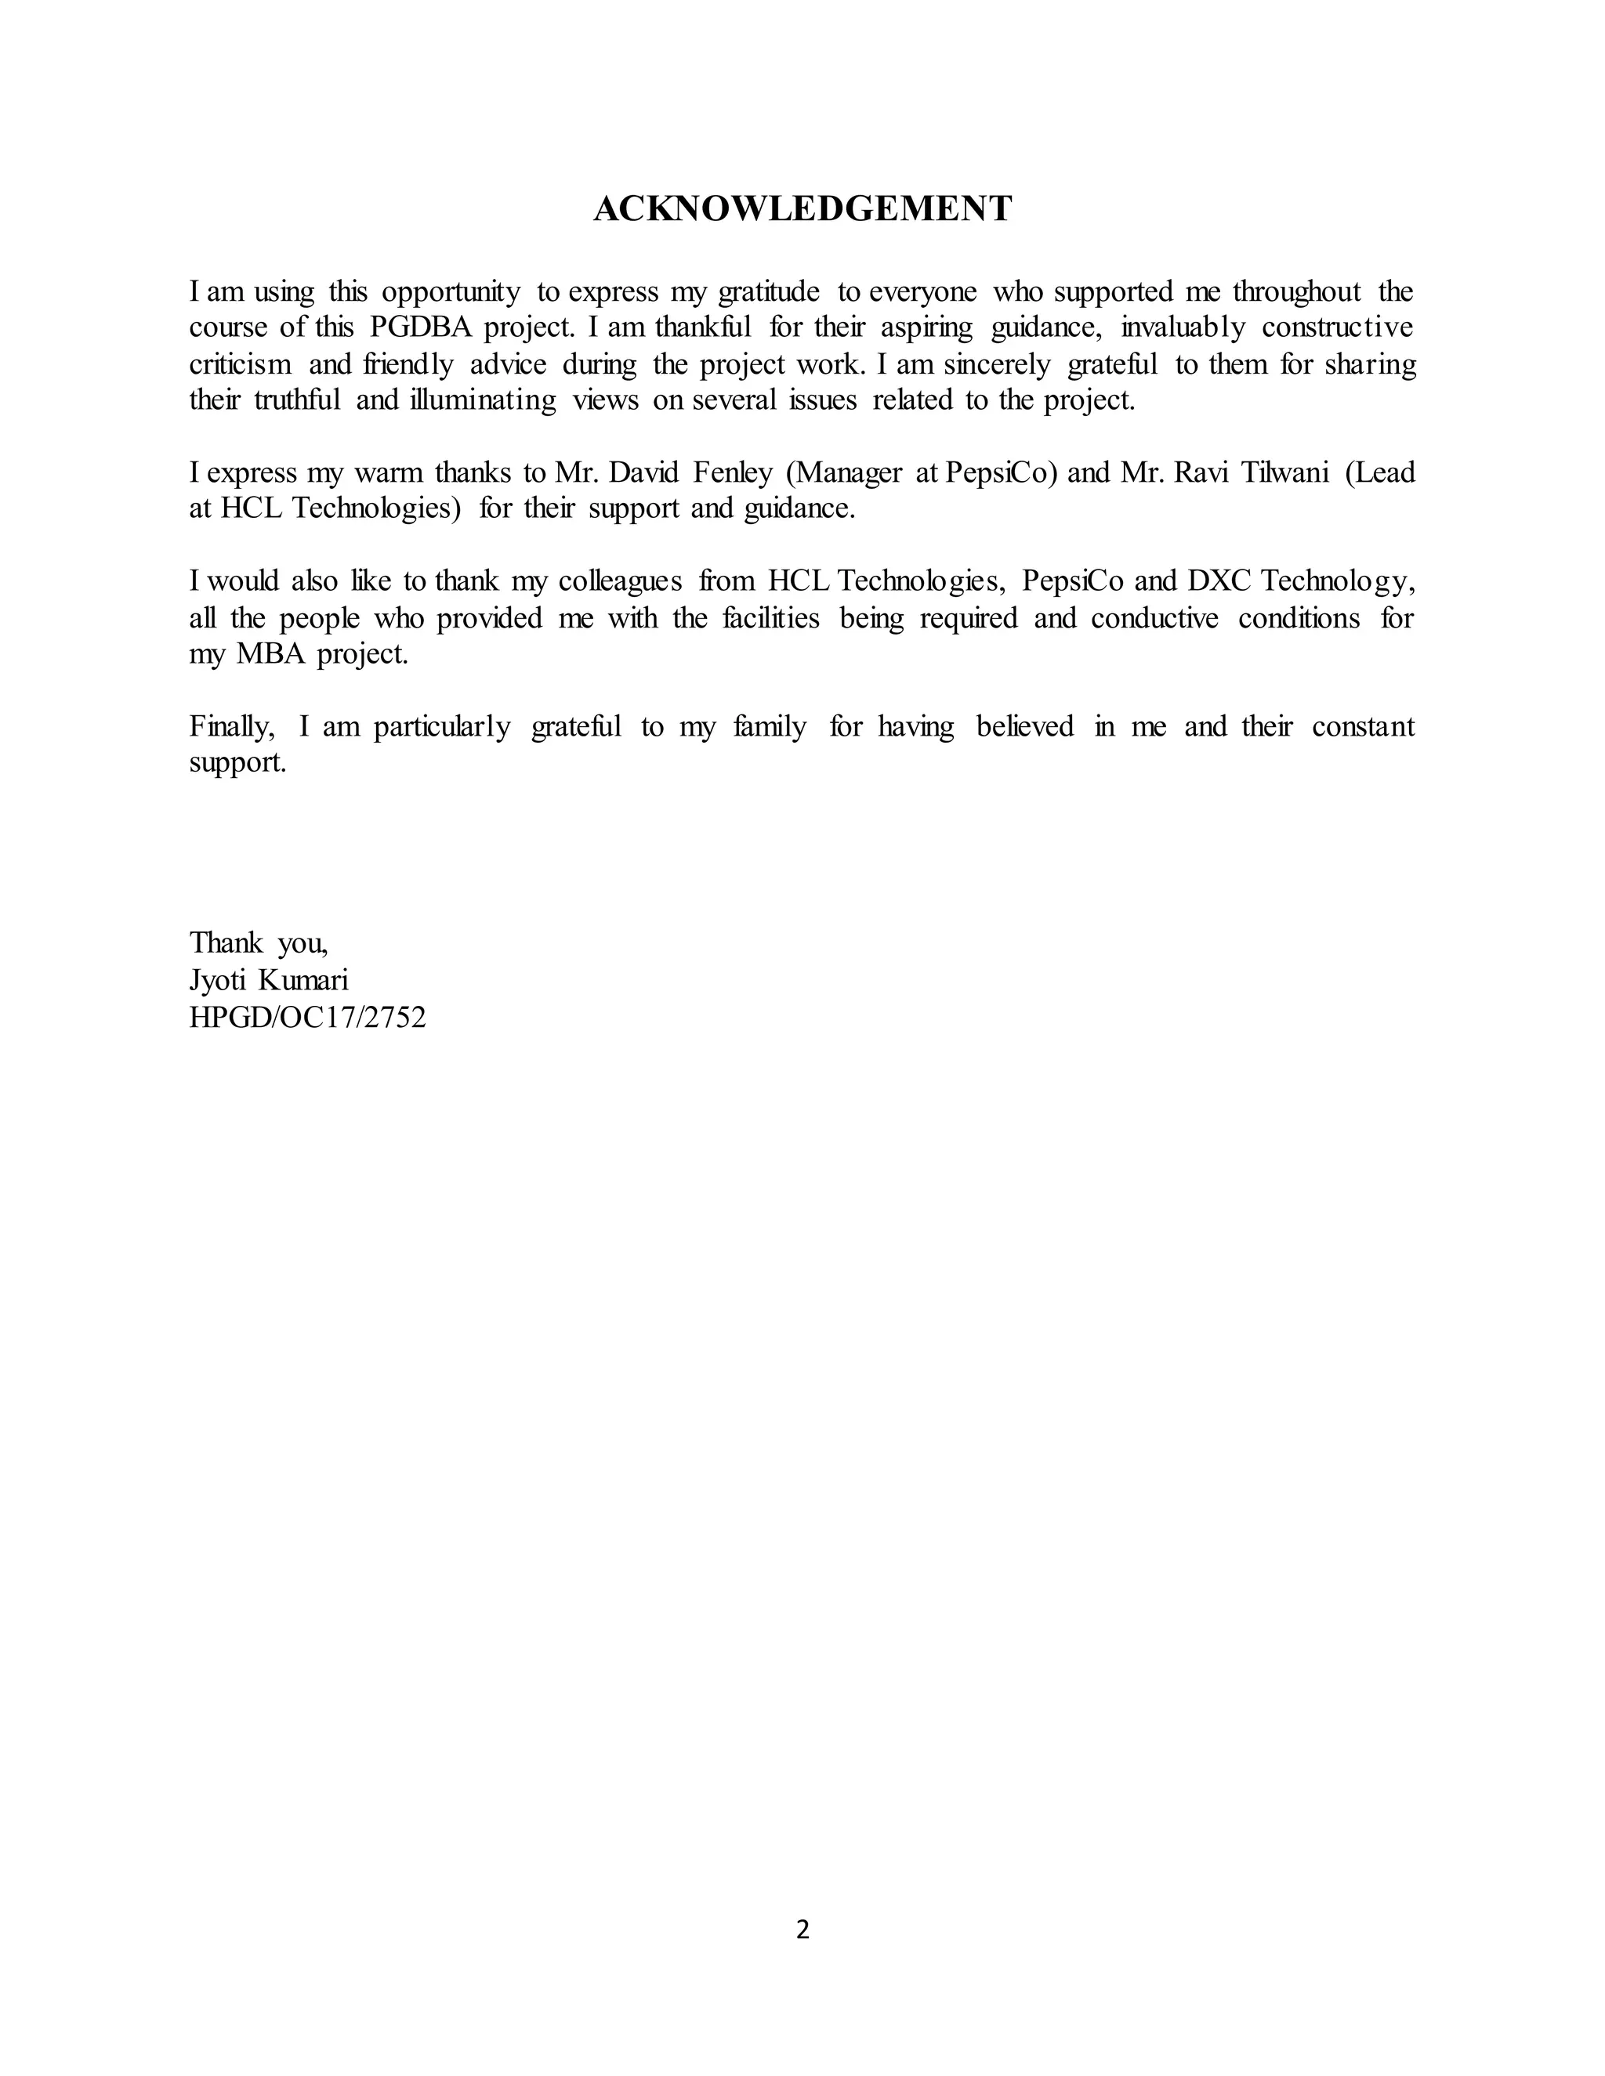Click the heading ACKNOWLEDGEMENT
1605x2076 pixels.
pyautogui.click(x=802, y=209)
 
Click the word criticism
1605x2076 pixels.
pyautogui.click(x=240, y=364)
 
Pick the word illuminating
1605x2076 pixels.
pyautogui.click(x=483, y=400)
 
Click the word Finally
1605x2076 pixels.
pyautogui.click(x=232, y=727)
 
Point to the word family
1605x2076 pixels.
pyautogui.click(x=770, y=727)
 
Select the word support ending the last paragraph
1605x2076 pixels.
pyautogui.click(x=237, y=763)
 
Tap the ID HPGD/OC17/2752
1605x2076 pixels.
pyautogui.click(x=307, y=1018)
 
